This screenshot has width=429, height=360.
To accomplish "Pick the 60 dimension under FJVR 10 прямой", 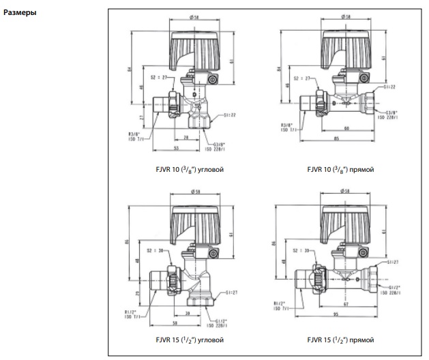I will click(x=348, y=127).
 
